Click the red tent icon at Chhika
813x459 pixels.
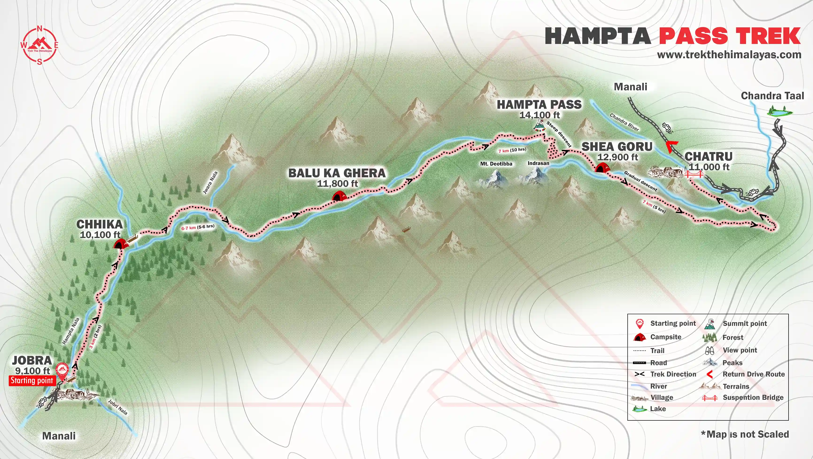click(x=120, y=244)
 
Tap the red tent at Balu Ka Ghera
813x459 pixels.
click(x=339, y=196)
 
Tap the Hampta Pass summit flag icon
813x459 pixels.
click(x=539, y=126)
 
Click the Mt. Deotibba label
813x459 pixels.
click(x=496, y=164)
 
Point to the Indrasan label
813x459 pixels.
click(x=538, y=163)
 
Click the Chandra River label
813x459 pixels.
click(x=624, y=122)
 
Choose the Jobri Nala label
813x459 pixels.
click(x=118, y=407)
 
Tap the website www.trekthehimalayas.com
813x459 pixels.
click(x=729, y=54)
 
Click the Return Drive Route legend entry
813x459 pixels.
click(x=753, y=374)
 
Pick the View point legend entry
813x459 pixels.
click(x=740, y=350)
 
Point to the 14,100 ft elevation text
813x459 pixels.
click(x=539, y=115)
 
